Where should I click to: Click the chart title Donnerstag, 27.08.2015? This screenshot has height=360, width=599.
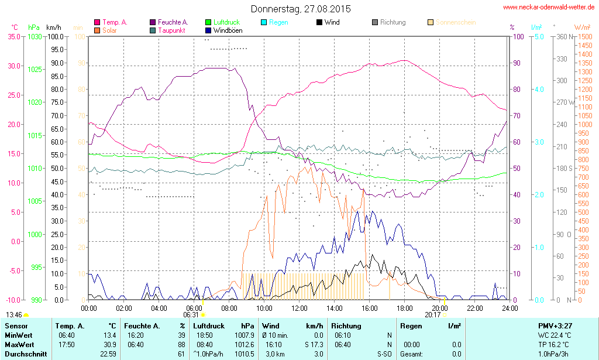point(301,9)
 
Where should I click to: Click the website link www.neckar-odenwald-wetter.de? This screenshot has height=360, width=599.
point(549,7)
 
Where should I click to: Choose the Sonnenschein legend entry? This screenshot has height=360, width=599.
point(451,22)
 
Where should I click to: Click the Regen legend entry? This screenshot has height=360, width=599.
point(278,22)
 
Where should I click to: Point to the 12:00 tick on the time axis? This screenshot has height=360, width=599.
point(299,308)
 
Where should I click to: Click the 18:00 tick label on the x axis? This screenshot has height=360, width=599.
point(405,308)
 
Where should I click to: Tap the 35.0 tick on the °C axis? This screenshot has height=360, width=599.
point(13,36)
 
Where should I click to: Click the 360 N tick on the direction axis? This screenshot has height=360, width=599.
point(564,36)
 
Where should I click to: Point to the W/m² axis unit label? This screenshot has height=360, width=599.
point(581,27)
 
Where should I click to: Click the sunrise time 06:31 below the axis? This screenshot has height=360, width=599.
point(191,314)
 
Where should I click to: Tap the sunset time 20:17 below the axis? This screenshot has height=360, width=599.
point(432,314)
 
